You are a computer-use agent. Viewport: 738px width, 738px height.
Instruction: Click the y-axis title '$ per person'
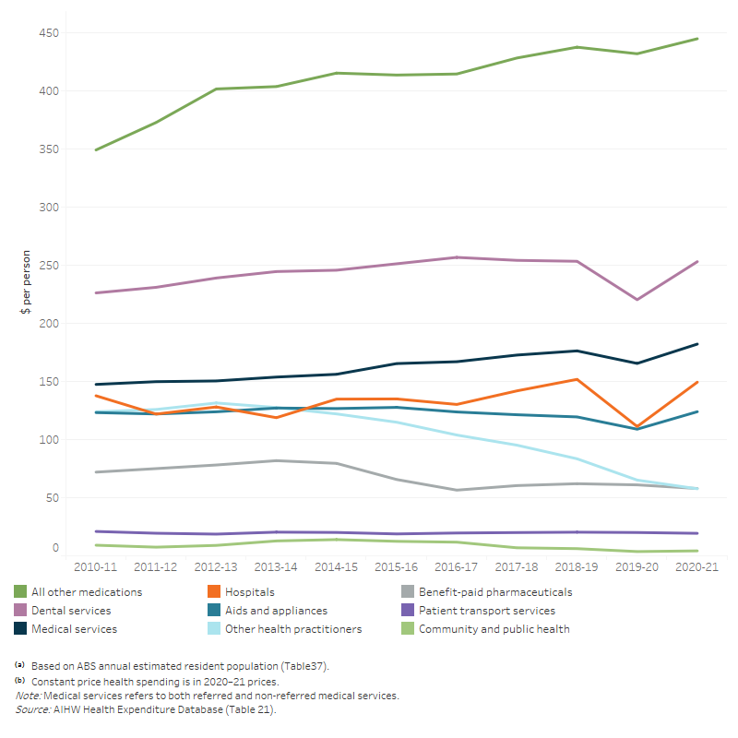[25, 282]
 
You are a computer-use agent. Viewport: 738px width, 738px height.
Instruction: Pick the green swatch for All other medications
[20, 592]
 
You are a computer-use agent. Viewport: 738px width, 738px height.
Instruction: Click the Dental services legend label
[71, 611]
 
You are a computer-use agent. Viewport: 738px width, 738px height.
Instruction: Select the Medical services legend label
[74, 629]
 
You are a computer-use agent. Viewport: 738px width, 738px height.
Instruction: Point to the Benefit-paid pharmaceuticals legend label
[495, 592]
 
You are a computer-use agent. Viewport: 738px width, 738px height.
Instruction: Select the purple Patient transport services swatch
[406, 611]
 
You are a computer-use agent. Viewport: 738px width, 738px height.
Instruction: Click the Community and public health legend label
[494, 629]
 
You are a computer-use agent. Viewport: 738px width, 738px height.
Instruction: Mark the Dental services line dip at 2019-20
[637, 299]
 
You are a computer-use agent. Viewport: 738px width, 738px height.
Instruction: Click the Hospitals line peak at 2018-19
[577, 379]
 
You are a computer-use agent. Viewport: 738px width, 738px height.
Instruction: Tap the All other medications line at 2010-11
[96, 149]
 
